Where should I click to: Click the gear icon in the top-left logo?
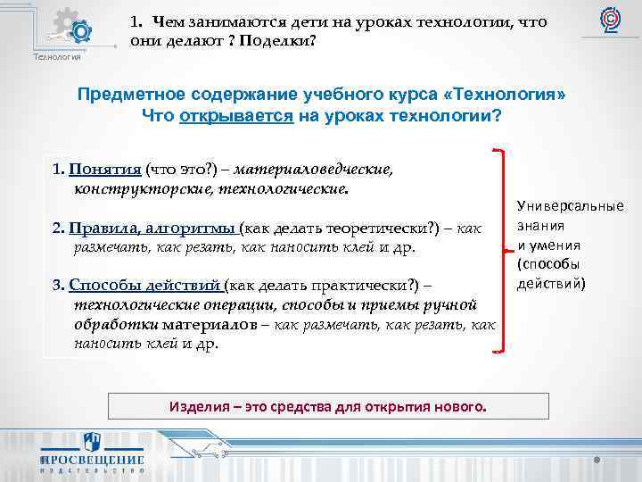click(79, 32)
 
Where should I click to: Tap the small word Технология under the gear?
click(56, 57)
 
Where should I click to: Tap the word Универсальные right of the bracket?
click(571, 207)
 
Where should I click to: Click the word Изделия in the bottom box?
click(195, 407)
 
